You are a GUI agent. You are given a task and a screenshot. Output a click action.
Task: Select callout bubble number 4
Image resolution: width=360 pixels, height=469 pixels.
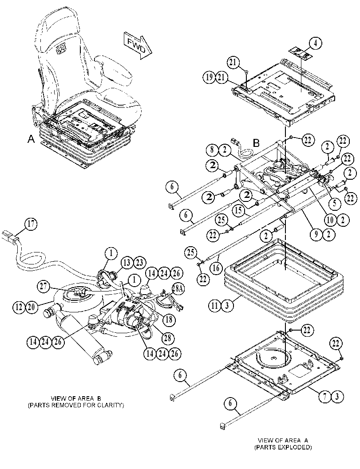coord(316,43)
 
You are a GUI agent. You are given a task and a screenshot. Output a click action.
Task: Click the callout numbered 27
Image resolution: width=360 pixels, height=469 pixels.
coord(44,286)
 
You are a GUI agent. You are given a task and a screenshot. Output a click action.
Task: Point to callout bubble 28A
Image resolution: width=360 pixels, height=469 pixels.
coord(178,288)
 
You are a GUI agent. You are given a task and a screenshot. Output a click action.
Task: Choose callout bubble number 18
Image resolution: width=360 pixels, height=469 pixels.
coord(169,319)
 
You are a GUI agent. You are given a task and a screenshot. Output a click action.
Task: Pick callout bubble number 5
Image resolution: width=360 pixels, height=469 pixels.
coord(335,204)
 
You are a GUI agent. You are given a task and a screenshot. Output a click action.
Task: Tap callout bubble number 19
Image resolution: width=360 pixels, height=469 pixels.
coord(209,78)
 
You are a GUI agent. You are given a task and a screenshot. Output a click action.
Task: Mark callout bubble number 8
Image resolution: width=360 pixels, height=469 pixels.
coord(212,150)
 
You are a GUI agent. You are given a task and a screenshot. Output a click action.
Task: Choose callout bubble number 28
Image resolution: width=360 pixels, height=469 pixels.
coord(167,338)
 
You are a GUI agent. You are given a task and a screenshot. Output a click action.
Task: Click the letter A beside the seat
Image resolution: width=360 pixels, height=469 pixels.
coord(31,139)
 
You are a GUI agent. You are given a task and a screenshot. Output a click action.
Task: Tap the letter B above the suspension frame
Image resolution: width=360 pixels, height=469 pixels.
coord(256,143)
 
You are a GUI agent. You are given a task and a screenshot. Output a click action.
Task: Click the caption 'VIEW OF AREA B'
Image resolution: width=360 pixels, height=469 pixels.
coord(76,398)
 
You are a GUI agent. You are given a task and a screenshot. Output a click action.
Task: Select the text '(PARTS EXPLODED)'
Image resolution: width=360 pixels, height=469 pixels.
coord(283,447)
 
